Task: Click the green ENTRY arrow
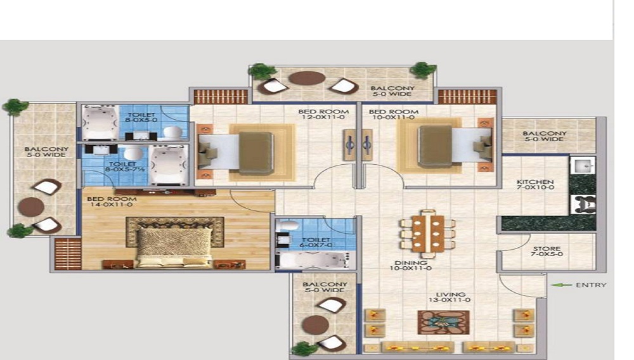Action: point(561,285)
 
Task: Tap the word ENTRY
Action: point(591,285)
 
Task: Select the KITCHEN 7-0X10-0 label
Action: point(535,184)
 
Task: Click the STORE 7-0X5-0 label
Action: point(547,252)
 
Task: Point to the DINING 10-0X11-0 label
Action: point(411,266)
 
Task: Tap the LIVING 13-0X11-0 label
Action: point(450,297)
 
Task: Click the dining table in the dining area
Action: point(427,234)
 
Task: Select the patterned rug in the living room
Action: point(444,323)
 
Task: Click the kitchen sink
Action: point(583,165)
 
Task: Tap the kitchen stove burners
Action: point(583,204)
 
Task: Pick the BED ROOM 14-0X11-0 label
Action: point(112,202)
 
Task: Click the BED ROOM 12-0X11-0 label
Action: point(323,114)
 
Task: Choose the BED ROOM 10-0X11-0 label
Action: point(394,114)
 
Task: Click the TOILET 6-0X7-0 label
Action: point(316,242)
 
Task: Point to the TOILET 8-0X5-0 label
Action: point(141,117)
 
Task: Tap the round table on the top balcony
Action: point(307,78)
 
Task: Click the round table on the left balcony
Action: point(30,207)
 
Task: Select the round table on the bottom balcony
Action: point(316,325)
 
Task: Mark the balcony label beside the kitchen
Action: point(544,136)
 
